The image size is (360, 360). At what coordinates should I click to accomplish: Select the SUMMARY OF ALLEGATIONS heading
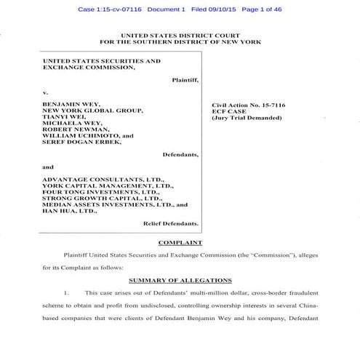coord(180,279)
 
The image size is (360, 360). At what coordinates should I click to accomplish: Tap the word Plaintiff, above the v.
coord(185,78)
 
